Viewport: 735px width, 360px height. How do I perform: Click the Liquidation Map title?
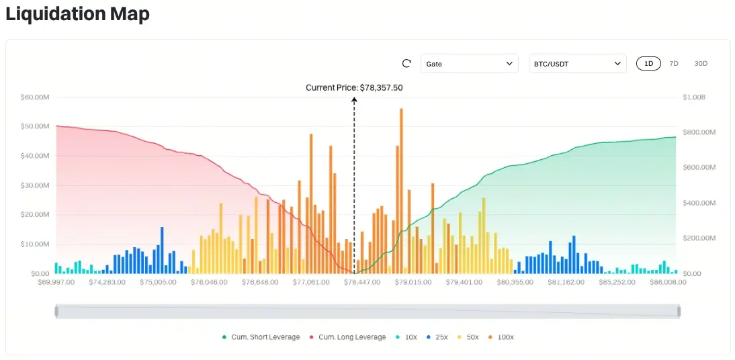[77, 14]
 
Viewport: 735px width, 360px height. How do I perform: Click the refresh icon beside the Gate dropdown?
[406, 64]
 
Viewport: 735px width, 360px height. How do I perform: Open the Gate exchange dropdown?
[470, 64]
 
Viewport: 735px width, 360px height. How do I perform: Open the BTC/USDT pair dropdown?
[578, 64]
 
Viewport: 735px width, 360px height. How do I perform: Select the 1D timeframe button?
[649, 64]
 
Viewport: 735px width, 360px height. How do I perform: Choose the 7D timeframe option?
[674, 64]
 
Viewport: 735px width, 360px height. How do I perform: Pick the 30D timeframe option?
[701, 64]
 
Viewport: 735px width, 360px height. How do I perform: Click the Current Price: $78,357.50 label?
[354, 87]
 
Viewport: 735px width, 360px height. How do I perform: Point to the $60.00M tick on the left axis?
[35, 97]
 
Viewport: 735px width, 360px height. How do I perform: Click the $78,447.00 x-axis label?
[358, 283]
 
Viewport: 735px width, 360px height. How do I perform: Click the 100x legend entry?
[504, 337]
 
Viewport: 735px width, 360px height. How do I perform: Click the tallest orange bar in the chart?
[401, 188]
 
